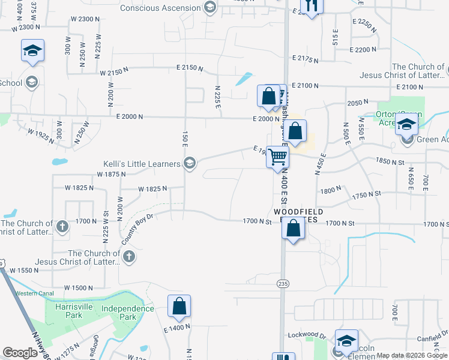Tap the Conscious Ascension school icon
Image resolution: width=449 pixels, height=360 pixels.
pos(210,8)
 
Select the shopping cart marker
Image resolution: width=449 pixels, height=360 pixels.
pos(278,157)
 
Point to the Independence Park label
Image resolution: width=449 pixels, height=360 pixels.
pos(128,313)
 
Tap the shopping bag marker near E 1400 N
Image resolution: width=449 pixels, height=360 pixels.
pos(179,307)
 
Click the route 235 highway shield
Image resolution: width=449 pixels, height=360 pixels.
pos(283,283)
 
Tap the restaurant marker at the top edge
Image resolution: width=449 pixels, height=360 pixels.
pos(310,5)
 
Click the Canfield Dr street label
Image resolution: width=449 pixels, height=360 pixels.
pos(432,338)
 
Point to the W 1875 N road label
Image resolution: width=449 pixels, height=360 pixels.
pos(111,174)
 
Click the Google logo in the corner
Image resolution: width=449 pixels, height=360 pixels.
pos(20,353)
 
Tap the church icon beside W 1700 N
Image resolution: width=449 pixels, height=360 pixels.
pos(62,226)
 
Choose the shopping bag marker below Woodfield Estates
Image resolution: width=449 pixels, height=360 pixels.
pos(293,229)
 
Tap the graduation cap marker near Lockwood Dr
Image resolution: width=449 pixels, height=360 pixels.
pos(346,341)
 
